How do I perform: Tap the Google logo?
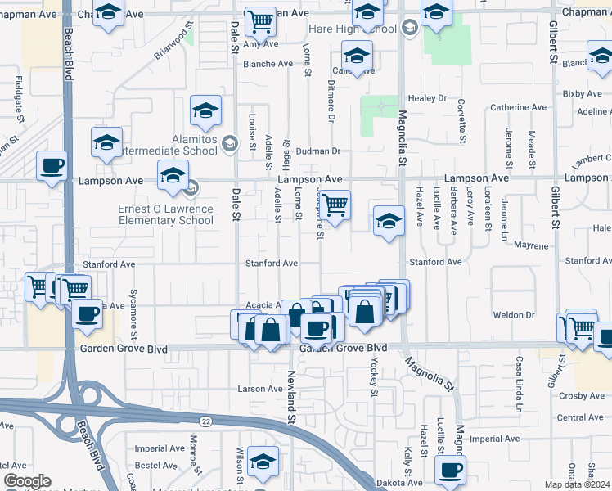[27, 481]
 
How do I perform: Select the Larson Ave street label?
[259, 389]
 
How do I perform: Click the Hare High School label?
[353, 29]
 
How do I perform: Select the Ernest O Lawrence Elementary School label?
[166, 214]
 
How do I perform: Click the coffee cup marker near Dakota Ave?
[449, 470]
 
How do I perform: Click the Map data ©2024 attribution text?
[578, 484]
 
